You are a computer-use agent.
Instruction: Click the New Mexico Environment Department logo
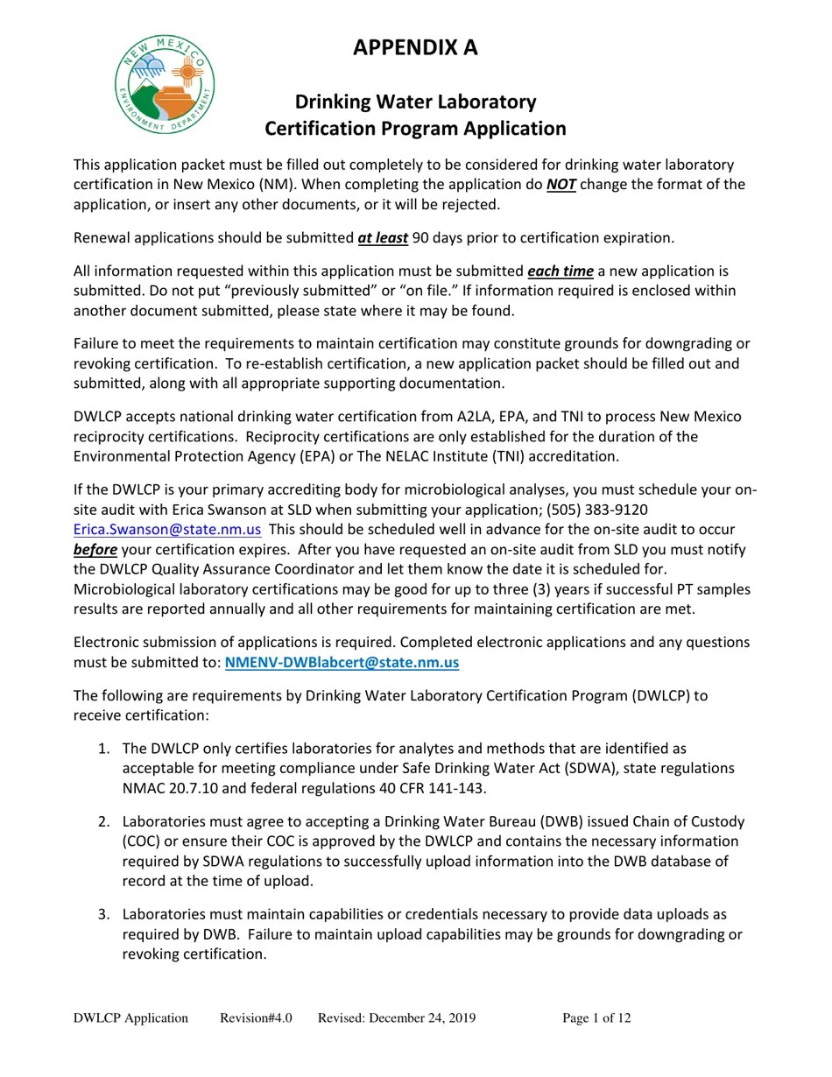(x=165, y=85)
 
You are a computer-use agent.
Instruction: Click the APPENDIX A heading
(x=415, y=47)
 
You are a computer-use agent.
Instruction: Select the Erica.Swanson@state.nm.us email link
(x=167, y=530)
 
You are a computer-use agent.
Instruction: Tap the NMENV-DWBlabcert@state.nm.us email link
(x=342, y=663)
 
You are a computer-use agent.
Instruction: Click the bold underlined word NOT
(x=561, y=185)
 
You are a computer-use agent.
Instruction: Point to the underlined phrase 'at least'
(x=383, y=238)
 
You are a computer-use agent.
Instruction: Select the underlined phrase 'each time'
(x=561, y=271)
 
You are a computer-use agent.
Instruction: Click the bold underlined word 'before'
(x=95, y=550)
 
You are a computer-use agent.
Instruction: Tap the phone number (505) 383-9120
(x=597, y=510)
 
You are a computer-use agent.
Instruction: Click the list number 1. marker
(x=103, y=749)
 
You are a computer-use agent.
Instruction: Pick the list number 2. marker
(x=103, y=822)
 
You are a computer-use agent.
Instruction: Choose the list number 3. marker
(x=103, y=915)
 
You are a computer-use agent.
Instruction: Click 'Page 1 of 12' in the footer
(x=596, y=1018)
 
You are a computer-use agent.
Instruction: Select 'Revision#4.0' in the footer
(x=256, y=1018)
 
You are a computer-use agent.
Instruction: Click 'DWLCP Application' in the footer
(x=130, y=1018)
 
